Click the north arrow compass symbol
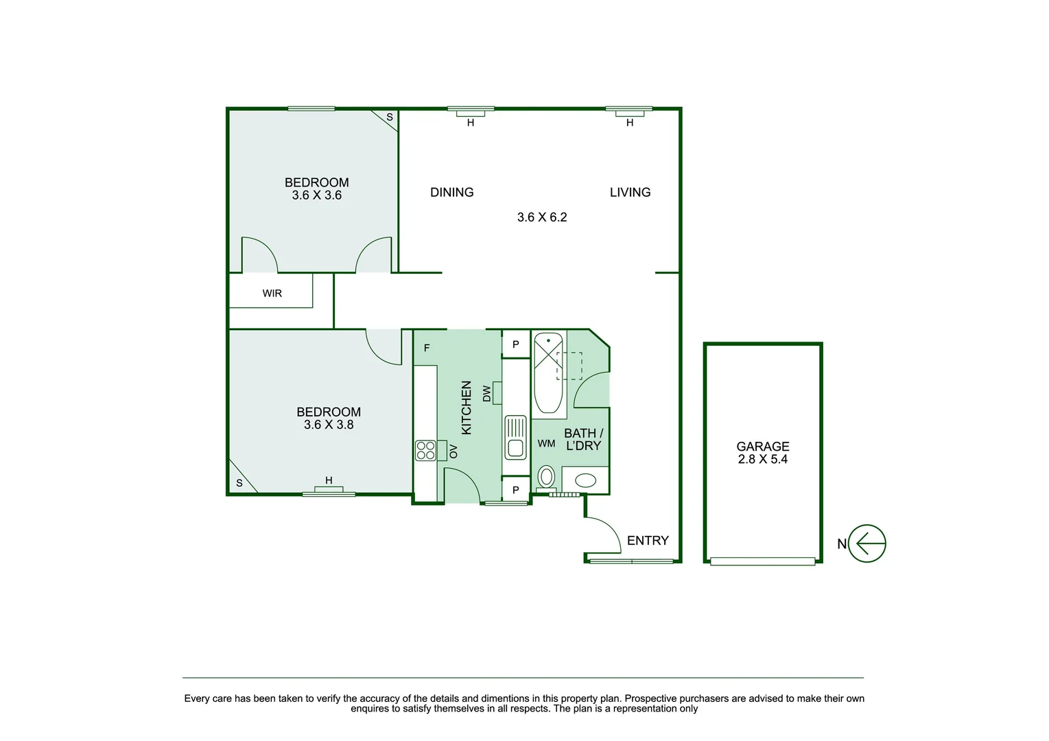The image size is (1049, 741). pyautogui.click(x=867, y=543)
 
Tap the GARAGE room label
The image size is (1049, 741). pyautogui.click(x=762, y=447)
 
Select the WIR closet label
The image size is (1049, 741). pyautogui.click(x=272, y=294)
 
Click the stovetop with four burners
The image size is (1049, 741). pyautogui.click(x=425, y=450)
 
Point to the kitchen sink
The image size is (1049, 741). pyautogui.click(x=515, y=437)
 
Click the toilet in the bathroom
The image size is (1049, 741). pyautogui.click(x=547, y=476)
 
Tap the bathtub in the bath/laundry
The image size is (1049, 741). pyautogui.click(x=549, y=374)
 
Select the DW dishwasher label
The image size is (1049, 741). pyautogui.click(x=487, y=393)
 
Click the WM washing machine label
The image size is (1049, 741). pyautogui.click(x=546, y=444)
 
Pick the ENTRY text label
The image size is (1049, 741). pyautogui.click(x=647, y=541)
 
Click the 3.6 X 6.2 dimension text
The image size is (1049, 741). pyautogui.click(x=542, y=217)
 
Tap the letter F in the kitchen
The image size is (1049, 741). pyautogui.click(x=427, y=349)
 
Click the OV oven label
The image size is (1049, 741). pyautogui.click(x=453, y=451)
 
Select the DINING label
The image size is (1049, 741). pyautogui.click(x=451, y=193)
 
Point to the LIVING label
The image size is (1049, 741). pyautogui.click(x=630, y=193)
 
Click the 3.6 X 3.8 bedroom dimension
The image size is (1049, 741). pyautogui.click(x=329, y=425)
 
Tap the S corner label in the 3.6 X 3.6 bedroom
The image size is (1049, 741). pyautogui.click(x=390, y=117)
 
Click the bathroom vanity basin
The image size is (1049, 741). pyautogui.click(x=585, y=480)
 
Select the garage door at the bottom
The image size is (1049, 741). pyautogui.click(x=762, y=561)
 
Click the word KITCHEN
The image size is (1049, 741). pyautogui.click(x=467, y=408)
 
